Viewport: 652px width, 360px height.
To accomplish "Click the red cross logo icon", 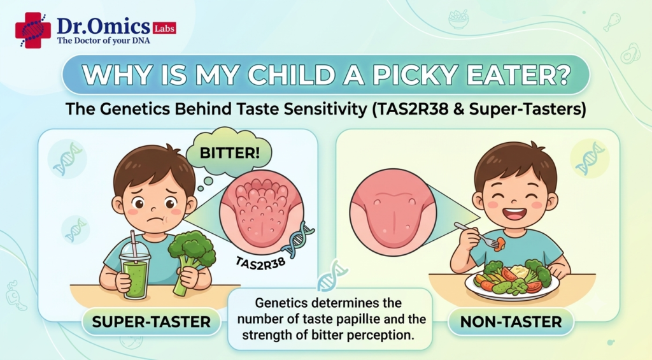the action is (x=33, y=30).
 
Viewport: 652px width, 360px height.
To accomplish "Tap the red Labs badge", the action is (x=164, y=28).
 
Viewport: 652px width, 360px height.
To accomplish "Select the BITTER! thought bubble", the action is (x=229, y=152).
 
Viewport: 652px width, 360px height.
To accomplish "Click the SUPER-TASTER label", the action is (x=152, y=322).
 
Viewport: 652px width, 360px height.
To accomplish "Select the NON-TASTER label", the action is (x=511, y=322).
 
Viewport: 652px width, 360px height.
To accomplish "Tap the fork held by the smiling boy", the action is (x=476, y=234).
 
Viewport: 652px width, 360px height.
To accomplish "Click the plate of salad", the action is (x=512, y=281).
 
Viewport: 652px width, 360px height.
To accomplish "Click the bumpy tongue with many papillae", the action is (x=262, y=213).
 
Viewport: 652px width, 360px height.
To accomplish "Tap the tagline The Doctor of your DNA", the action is (x=104, y=41).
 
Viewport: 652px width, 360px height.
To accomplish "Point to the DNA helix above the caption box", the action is (x=332, y=275).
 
